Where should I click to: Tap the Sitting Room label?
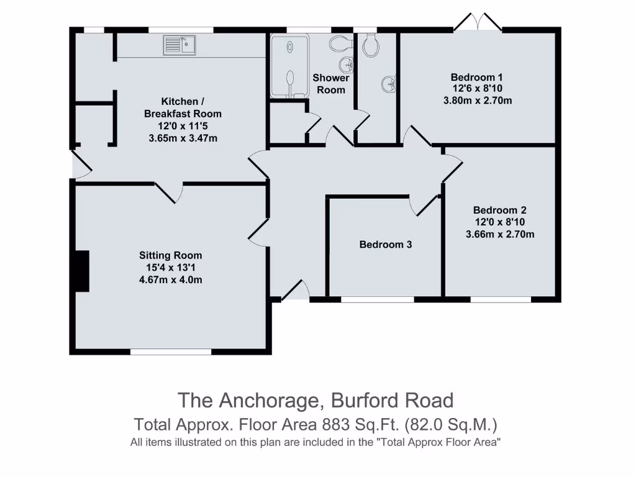tap(170, 255)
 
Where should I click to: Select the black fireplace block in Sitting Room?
tap(81, 271)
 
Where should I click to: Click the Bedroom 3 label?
tap(385, 245)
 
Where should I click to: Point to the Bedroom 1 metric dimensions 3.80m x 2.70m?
tap(476, 100)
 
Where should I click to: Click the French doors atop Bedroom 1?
tap(477, 22)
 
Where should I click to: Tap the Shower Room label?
tap(330, 84)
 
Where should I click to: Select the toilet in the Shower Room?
tap(339, 43)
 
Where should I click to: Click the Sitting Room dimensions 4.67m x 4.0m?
tap(170, 280)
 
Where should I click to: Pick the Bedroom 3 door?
tap(425, 205)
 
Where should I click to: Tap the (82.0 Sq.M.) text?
tap(452, 425)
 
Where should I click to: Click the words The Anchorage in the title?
tap(249, 400)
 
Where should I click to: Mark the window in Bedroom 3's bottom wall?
tap(377, 299)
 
